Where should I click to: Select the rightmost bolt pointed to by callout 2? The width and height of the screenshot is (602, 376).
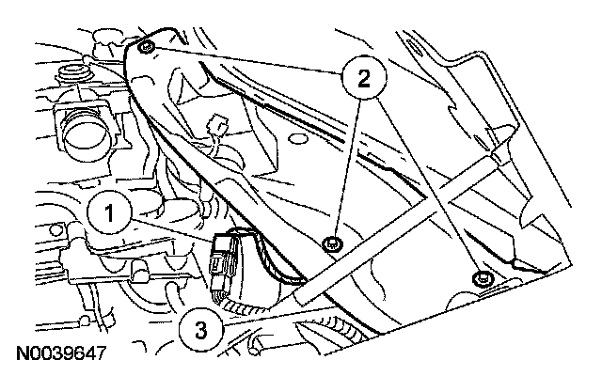(x=482, y=278)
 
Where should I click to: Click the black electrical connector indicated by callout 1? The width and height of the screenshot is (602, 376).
(x=227, y=263)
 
